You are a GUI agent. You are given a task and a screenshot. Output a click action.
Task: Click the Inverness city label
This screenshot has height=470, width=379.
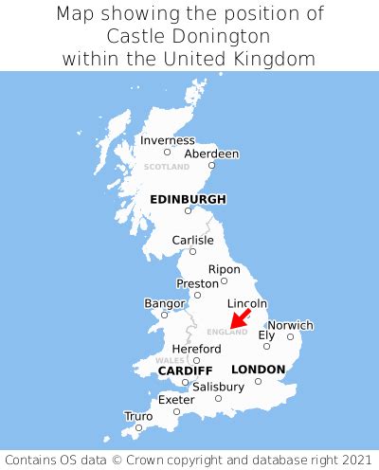pyautogui.click(x=167, y=140)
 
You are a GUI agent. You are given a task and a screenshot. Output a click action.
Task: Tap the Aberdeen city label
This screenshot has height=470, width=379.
pyautogui.click(x=211, y=154)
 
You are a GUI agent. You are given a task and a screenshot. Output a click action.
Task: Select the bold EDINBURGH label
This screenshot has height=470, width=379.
pyautogui.click(x=188, y=199)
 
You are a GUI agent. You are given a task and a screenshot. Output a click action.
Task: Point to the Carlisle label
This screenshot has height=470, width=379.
pyautogui.click(x=192, y=240)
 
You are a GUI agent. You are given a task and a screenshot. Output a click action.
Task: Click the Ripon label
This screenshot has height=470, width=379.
pyautogui.click(x=225, y=269)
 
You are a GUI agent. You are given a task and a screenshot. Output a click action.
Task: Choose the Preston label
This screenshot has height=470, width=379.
pyautogui.click(x=197, y=283)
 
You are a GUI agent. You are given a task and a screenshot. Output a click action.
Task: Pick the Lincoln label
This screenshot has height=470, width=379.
pyautogui.click(x=246, y=303)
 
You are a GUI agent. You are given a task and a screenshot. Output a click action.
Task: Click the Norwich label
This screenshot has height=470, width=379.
pyautogui.click(x=290, y=325)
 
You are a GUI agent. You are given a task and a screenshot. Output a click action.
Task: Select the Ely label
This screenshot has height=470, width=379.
pyautogui.click(x=267, y=334)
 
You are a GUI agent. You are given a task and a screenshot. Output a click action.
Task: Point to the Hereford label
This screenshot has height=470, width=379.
pyautogui.click(x=196, y=349)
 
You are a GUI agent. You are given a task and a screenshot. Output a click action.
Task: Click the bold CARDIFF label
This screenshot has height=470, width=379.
pyautogui.click(x=185, y=370)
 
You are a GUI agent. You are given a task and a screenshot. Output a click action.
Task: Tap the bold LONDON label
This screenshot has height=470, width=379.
pyautogui.click(x=258, y=369)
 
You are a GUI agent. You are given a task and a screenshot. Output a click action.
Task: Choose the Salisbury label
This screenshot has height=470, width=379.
pyautogui.click(x=218, y=387)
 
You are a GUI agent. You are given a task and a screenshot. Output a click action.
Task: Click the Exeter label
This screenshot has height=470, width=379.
pyautogui.click(x=176, y=400)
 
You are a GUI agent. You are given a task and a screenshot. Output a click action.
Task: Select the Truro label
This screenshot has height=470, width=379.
pyautogui.click(x=138, y=416)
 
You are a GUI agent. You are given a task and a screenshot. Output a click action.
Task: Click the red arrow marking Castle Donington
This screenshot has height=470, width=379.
pyautogui.click(x=240, y=318)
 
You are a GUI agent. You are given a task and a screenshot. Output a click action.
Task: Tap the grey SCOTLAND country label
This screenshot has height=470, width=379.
pyautogui.click(x=167, y=167)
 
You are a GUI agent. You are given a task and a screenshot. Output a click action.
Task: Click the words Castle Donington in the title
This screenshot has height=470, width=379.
pyautogui.click(x=189, y=36)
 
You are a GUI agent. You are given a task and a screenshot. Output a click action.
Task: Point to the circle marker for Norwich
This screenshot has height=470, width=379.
pyautogui.click(x=290, y=336)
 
